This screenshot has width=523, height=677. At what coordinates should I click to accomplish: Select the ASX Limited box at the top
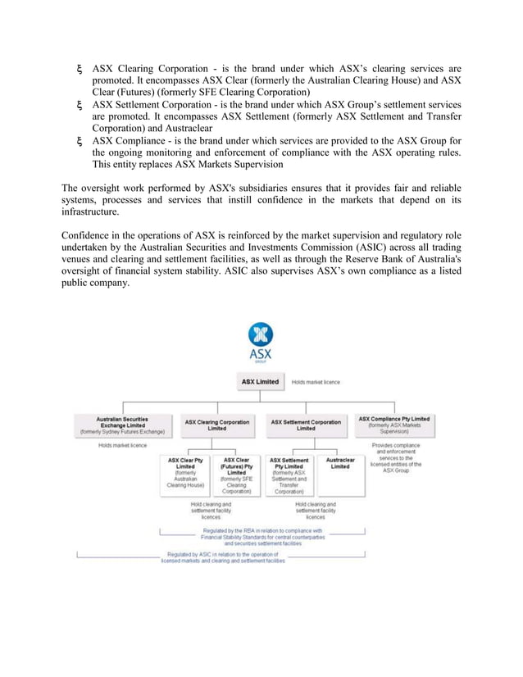(x=260, y=382)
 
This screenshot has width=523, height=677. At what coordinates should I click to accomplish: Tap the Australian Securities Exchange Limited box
(x=122, y=424)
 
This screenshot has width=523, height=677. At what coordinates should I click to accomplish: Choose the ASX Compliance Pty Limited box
(x=393, y=424)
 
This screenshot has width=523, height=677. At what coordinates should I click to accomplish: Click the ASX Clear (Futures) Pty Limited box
(x=236, y=475)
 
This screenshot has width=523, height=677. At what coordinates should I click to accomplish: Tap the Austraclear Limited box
(x=339, y=464)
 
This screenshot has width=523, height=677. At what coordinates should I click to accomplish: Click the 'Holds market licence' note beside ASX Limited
(x=316, y=382)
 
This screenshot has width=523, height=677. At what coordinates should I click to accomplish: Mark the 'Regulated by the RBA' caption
(x=262, y=536)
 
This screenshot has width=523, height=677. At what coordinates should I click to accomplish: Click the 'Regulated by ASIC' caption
(x=223, y=558)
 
